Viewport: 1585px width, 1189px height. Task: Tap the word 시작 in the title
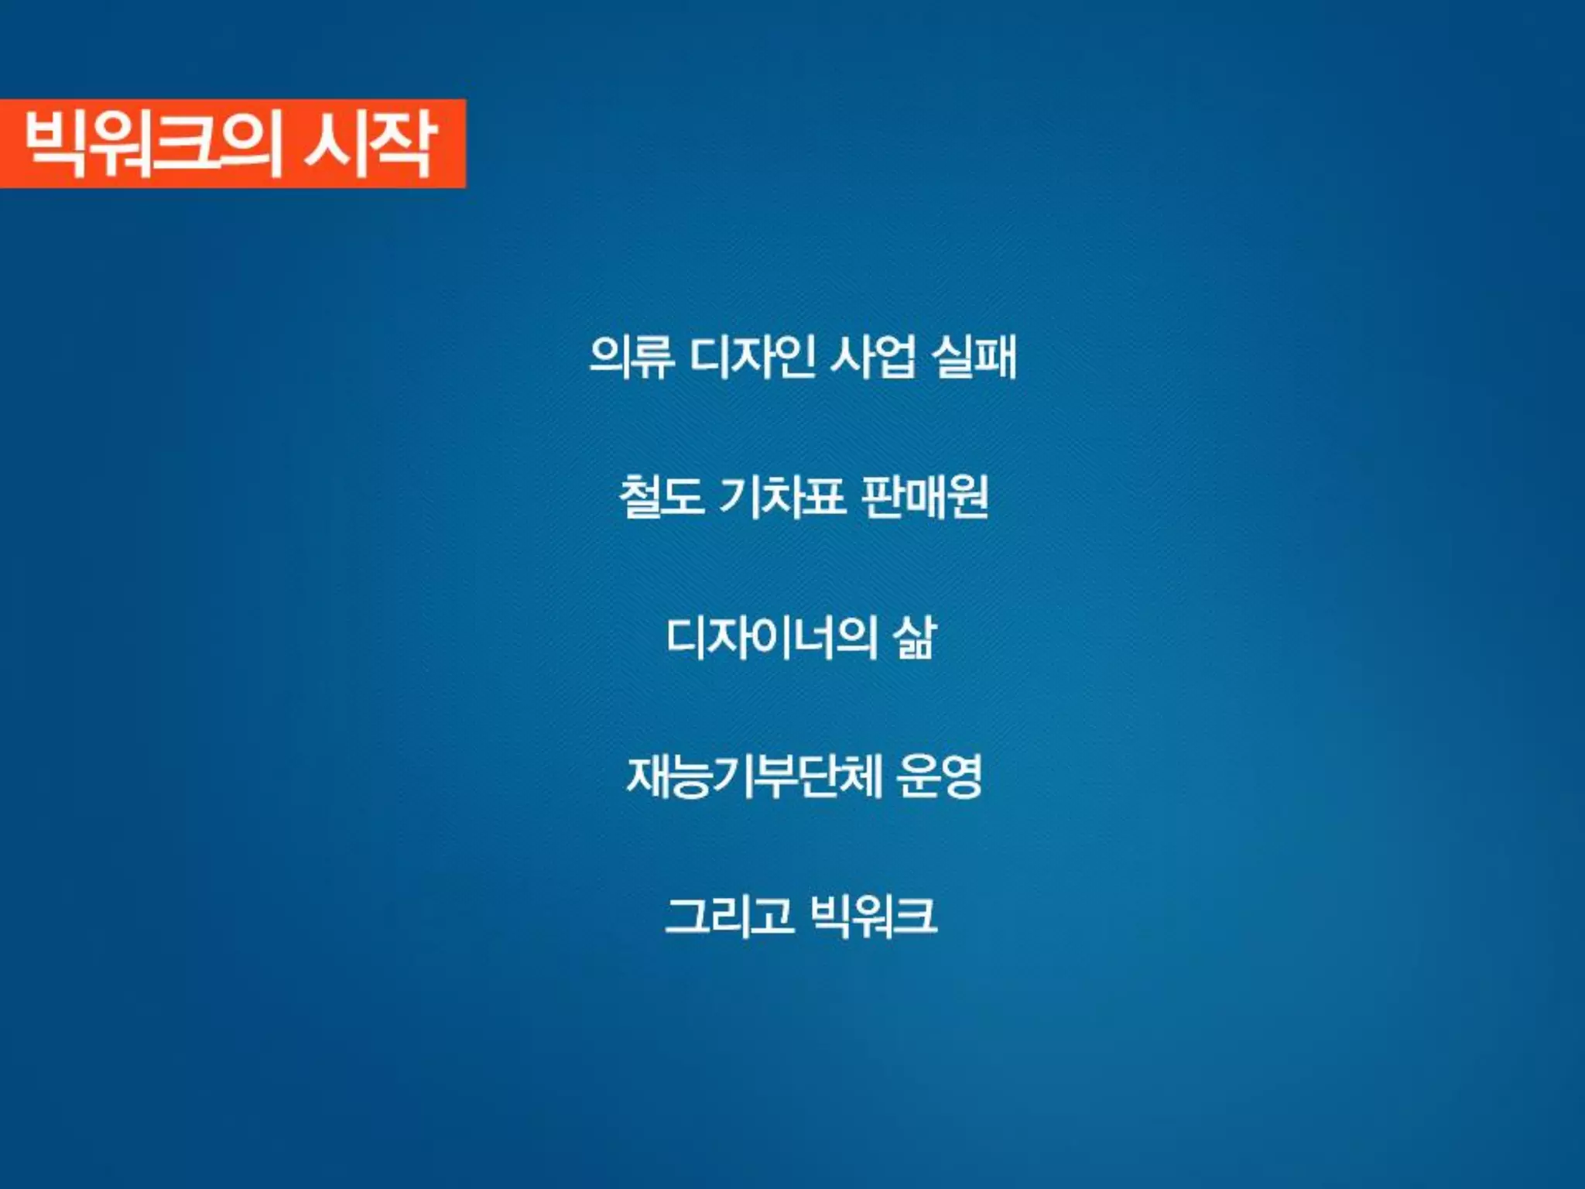click(370, 144)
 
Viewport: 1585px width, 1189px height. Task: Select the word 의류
click(632, 357)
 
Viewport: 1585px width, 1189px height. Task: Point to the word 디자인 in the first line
click(751, 357)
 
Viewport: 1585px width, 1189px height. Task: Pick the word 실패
click(974, 357)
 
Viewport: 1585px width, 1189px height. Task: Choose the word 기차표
click(782, 496)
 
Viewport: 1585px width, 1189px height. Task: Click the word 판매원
click(924, 496)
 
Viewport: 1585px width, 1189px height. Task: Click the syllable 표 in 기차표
click(823, 496)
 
